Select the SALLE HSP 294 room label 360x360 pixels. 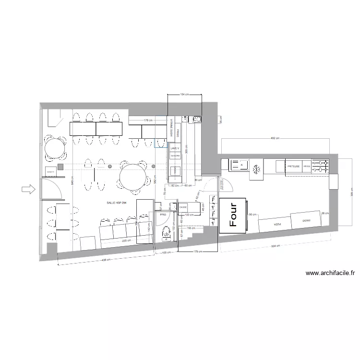[x=117, y=203]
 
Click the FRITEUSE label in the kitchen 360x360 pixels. [x=294, y=166]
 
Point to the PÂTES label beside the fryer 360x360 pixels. [x=307, y=166]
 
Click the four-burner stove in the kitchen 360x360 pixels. [x=321, y=166]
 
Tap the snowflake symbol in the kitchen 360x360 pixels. [x=256, y=168]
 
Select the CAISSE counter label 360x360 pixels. [x=183, y=206]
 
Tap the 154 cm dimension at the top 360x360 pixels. [x=185, y=95]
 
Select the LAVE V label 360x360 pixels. [x=175, y=149]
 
